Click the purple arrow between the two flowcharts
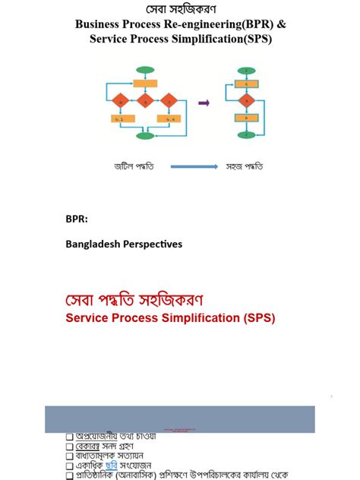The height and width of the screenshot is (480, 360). [203, 101]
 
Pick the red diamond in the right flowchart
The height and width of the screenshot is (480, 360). [245, 100]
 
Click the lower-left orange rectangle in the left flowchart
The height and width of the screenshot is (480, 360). [120, 118]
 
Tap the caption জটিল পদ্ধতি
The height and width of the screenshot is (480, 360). [134, 166]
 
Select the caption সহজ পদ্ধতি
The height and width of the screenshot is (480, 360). [246, 166]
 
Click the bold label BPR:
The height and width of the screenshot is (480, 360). [77, 219]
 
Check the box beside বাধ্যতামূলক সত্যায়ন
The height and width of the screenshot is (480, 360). [69, 456]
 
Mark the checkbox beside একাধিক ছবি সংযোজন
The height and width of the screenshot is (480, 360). [69, 466]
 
